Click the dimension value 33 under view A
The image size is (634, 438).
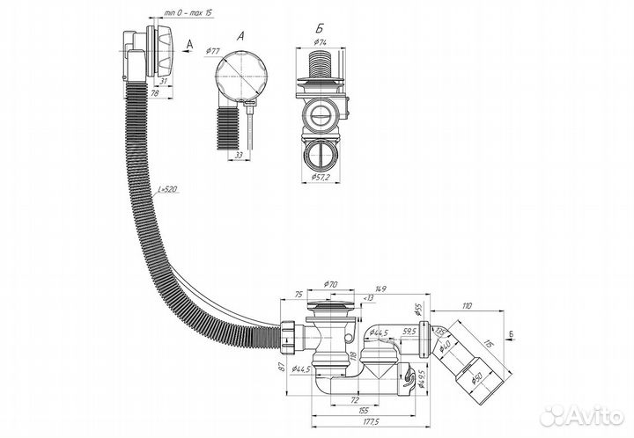(239, 156)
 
